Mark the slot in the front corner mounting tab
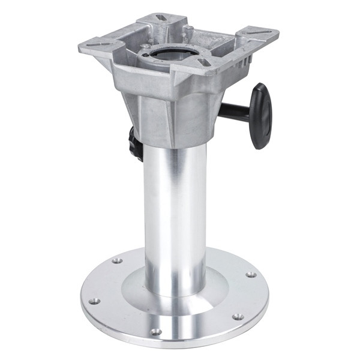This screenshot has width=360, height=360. click(x=203, y=62)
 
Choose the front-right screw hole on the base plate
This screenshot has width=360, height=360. click(x=238, y=316)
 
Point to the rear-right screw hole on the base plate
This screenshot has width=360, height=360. click(x=250, y=274)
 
